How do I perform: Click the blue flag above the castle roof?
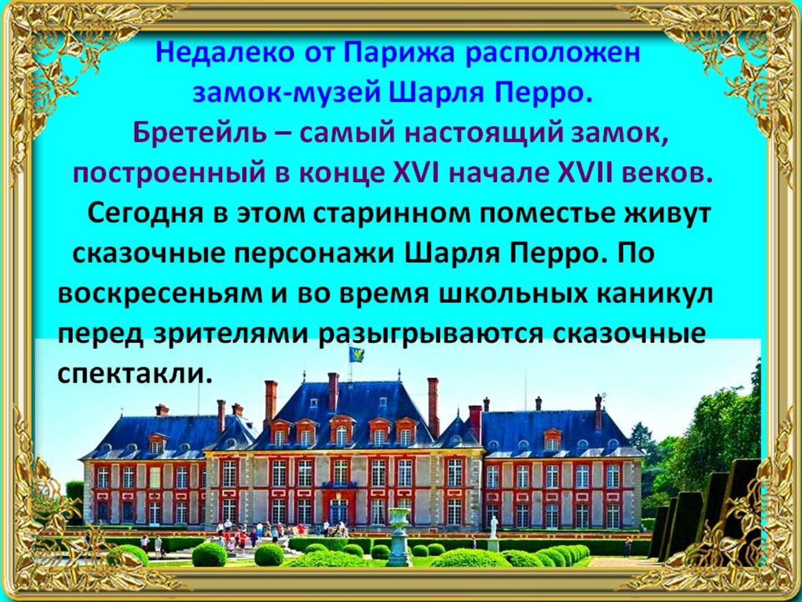tap(354, 354)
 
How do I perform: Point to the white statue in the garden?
tap(494, 526)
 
